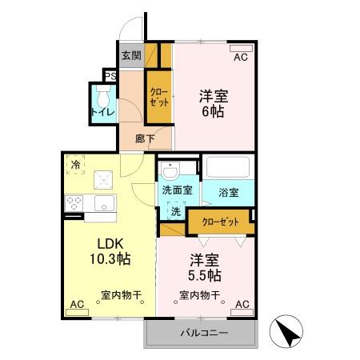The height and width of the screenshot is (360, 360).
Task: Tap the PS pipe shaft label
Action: point(110,77)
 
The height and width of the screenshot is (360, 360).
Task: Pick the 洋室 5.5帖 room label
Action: point(205,268)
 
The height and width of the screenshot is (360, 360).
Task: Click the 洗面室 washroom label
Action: point(177,191)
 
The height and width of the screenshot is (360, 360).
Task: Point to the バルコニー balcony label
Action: point(202,332)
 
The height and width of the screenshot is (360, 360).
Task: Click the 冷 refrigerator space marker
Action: point(75,165)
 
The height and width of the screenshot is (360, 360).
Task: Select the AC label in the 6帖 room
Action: point(241,58)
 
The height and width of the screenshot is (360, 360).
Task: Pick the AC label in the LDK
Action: point(77,305)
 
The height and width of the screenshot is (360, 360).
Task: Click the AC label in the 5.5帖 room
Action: point(242,305)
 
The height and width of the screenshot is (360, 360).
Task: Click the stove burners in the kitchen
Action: point(74,203)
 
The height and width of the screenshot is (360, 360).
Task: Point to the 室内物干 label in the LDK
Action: point(121,294)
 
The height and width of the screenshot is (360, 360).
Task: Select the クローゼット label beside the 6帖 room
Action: point(158,98)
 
